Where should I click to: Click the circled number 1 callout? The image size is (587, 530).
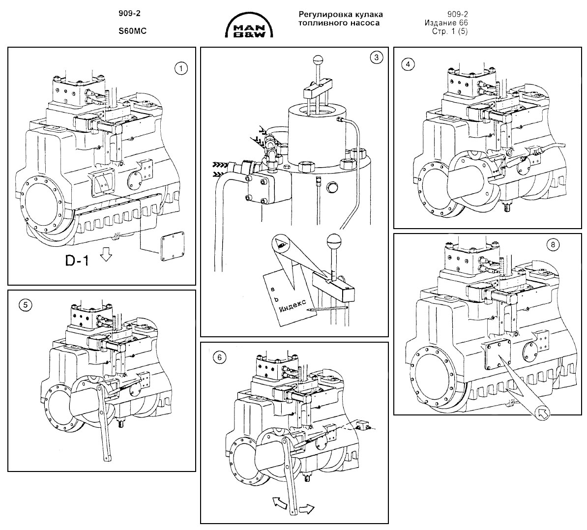point(181,68)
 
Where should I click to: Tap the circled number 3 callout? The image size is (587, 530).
point(377,58)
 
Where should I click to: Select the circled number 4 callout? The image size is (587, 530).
point(408,64)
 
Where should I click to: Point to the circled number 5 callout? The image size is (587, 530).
point(26,305)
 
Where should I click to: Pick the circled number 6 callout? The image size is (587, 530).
point(219,357)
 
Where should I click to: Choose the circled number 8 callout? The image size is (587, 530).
point(553,245)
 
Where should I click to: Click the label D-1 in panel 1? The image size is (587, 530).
point(77,260)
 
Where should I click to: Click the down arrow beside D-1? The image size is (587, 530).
point(106,256)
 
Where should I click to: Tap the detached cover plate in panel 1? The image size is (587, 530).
point(173,246)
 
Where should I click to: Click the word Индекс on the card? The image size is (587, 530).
point(293,306)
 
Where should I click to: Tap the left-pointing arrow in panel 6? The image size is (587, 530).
point(279,502)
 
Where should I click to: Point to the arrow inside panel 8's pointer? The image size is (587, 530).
point(543,413)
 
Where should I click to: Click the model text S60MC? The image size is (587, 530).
point(133,31)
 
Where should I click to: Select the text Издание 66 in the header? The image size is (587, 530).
point(446,23)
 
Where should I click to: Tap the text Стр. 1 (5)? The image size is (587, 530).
point(450,31)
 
